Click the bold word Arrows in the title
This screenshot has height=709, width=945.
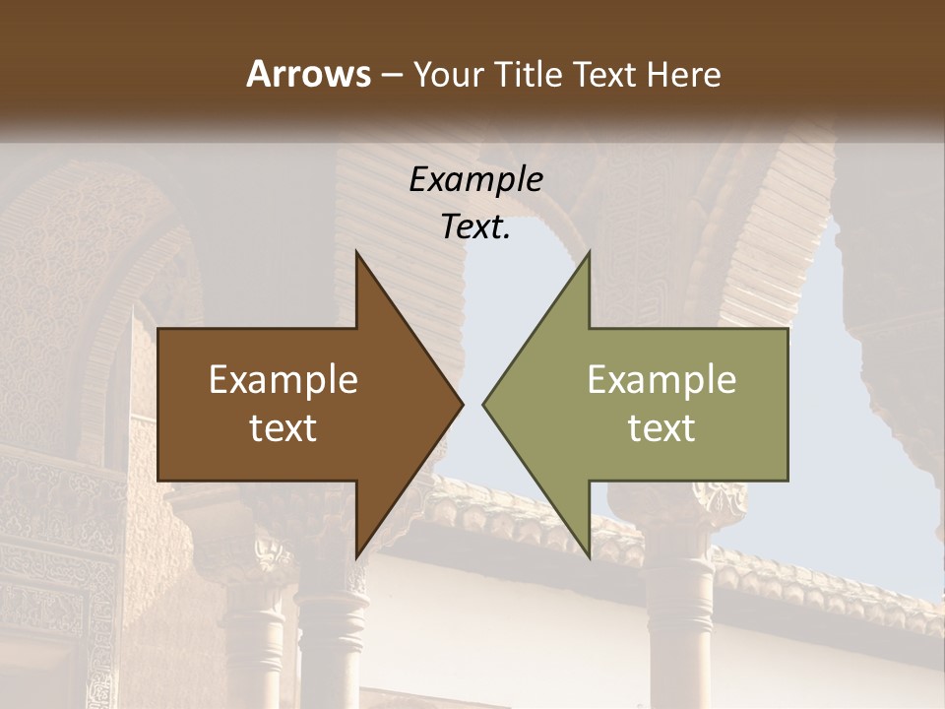pos(309,74)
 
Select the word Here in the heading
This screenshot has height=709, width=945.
pos(684,74)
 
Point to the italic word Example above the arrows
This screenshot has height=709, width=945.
pos(475,179)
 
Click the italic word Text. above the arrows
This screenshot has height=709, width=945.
pos(475,226)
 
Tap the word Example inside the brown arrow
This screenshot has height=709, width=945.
pos(283,379)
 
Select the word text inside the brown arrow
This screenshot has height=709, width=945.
pos(283,427)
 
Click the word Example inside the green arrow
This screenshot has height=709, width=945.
pos(661,379)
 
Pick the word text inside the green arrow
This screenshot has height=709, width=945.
pos(661,427)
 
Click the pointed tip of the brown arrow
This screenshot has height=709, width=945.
pos(463,404)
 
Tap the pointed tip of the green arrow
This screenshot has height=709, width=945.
pos(482,404)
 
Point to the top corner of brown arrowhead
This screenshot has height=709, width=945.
pos(356,252)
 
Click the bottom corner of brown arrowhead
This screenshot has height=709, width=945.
pos(356,557)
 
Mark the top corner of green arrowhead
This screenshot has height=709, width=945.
pos(589,252)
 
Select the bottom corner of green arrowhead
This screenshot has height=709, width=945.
pos(589,557)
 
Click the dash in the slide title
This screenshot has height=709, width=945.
pos(390,75)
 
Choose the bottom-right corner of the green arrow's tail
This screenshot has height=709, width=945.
pos(787,480)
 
